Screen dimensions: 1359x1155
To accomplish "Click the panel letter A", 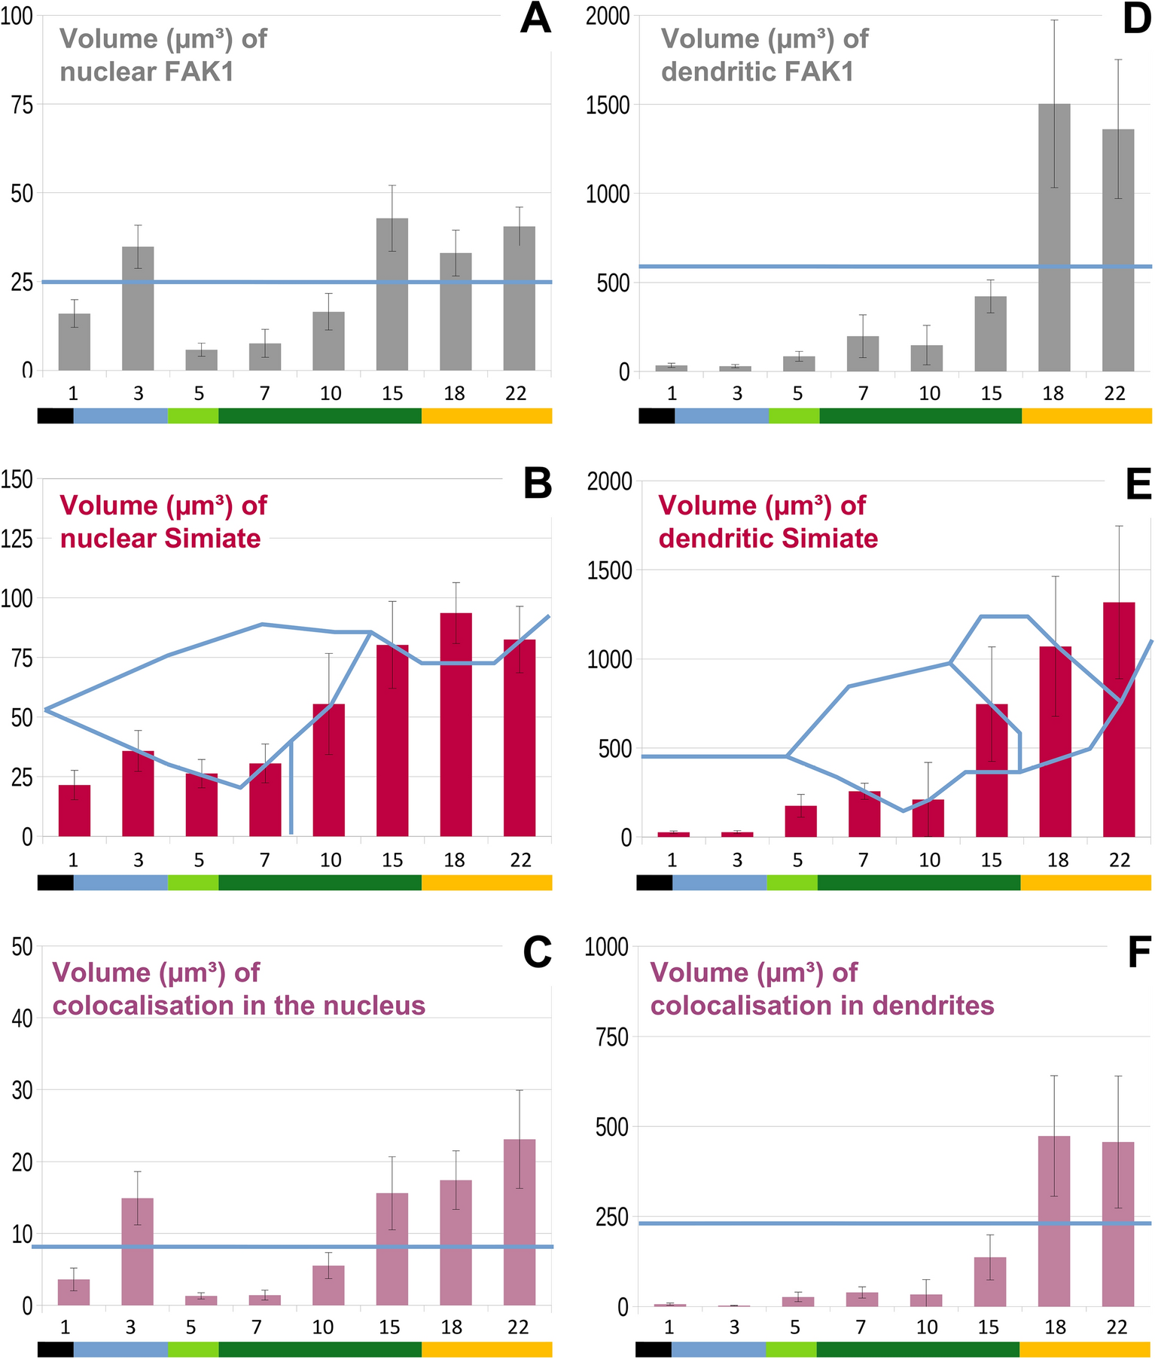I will pyautogui.click(x=535, y=19).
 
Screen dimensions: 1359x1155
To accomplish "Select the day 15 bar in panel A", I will pyautogui.click(x=392, y=294).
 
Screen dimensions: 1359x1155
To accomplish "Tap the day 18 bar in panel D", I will pyautogui.click(x=1053, y=237).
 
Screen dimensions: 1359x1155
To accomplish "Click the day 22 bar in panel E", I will pyautogui.click(x=1118, y=719).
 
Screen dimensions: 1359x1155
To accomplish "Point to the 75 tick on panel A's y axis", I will pyautogui.click(x=20, y=105).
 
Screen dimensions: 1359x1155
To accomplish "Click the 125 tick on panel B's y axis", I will pyautogui.click(x=18, y=539).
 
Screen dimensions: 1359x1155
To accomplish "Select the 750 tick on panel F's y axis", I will pyautogui.click(x=611, y=1037).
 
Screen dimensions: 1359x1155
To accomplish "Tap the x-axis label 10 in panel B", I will pyautogui.click(x=330, y=860).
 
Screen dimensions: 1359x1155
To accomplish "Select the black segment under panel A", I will pyautogui.click(x=55, y=416).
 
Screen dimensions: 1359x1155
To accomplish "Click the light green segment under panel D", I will pyautogui.click(x=794, y=416).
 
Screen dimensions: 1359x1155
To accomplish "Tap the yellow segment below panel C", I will pyautogui.click(x=486, y=1349).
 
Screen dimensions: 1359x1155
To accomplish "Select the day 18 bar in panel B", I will pyautogui.click(x=456, y=724).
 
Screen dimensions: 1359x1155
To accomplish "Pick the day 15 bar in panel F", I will pyautogui.click(x=989, y=1281).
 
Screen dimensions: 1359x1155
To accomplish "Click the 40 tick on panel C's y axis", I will pyautogui.click(x=21, y=1018).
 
